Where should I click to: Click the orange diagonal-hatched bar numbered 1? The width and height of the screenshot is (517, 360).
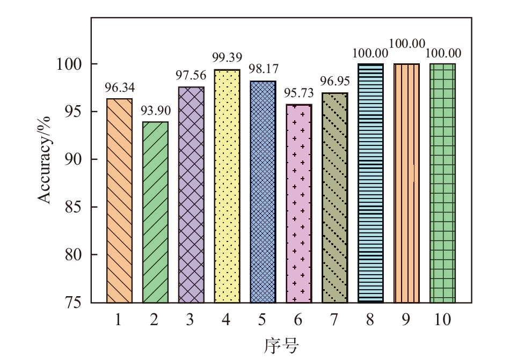click(x=119, y=201)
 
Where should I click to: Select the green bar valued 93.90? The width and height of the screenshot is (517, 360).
click(x=155, y=212)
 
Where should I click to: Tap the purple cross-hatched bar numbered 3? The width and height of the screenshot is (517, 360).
click(x=191, y=195)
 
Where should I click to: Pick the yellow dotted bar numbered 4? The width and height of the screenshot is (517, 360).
click(x=227, y=186)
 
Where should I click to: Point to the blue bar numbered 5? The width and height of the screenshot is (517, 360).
click(x=263, y=192)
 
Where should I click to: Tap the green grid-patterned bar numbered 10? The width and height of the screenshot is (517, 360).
click(x=442, y=183)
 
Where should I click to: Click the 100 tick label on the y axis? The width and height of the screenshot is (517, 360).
click(x=69, y=64)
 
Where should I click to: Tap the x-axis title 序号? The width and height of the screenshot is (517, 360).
click(x=280, y=345)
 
